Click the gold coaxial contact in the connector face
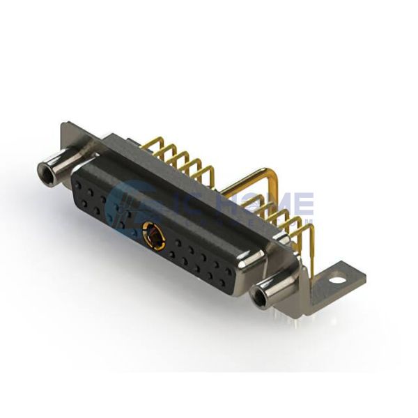point(150,231)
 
